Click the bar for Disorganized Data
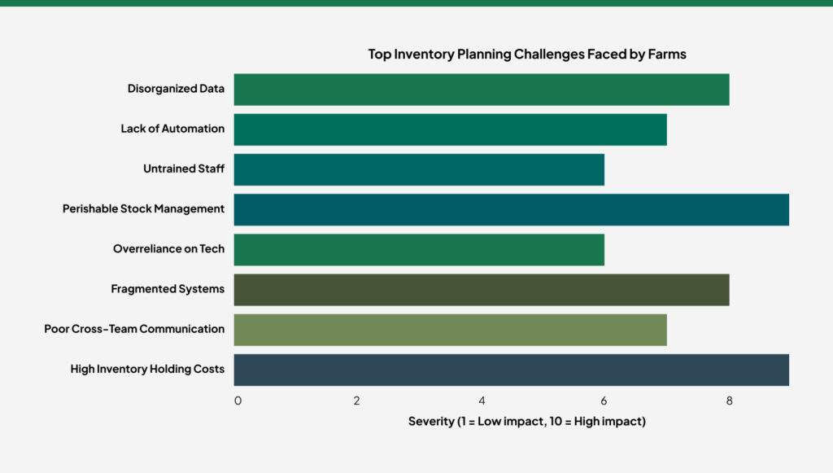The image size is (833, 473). (x=481, y=90)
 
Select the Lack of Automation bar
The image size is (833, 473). (x=450, y=129)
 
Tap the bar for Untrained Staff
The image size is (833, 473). (x=419, y=169)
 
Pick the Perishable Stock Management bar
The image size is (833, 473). (x=511, y=209)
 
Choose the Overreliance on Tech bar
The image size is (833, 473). (x=419, y=249)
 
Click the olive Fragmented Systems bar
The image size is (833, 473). (x=481, y=289)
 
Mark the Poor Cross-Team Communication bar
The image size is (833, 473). (x=450, y=329)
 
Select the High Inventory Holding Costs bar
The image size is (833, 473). (x=511, y=369)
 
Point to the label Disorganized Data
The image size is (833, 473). (x=176, y=89)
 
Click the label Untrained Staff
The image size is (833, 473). (x=183, y=169)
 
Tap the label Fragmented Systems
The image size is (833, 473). (x=168, y=289)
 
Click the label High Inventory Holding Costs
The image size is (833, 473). (x=147, y=369)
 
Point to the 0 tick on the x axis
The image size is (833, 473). (x=238, y=401)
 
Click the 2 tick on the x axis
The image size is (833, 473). (x=357, y=401)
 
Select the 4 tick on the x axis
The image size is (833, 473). (x=482, y=401)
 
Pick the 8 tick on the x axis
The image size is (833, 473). (x=729, y=401)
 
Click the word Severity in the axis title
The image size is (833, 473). (x=430, y=422)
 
